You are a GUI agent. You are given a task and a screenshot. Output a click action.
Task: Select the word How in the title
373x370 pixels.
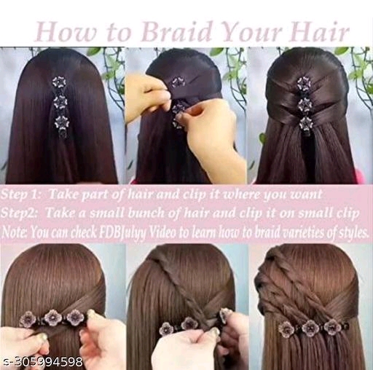[66, 32]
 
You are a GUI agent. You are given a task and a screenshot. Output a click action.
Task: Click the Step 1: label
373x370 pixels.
[21, 195]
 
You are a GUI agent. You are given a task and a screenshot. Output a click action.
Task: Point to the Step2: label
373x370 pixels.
[19, 213]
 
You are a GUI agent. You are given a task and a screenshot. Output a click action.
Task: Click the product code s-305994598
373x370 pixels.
[42, 362]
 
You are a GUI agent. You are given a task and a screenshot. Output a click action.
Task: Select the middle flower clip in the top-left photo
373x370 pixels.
[60, 103]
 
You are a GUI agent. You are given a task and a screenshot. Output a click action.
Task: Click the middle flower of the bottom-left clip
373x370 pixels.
[52, 318]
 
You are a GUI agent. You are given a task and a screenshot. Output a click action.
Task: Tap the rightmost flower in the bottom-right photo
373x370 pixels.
[331, 326]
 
